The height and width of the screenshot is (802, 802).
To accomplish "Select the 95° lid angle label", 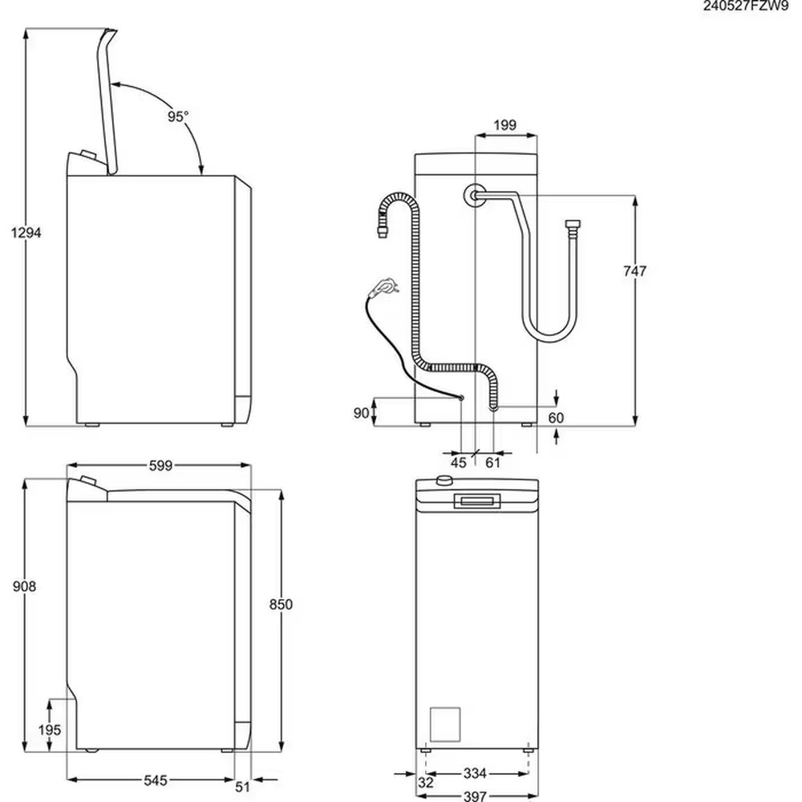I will coord(178,116).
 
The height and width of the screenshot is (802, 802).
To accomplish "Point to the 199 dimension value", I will coord(504,124).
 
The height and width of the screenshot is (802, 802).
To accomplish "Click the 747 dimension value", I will coord(634,271).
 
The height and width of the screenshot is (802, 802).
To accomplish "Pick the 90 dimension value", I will coord(361,412).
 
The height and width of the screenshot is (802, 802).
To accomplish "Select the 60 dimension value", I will coord(557,418).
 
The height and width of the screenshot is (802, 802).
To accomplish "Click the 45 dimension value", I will coord(459,462).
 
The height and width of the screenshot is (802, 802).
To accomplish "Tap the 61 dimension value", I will coord(493,462).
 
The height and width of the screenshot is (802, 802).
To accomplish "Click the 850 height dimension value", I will coord(281,604).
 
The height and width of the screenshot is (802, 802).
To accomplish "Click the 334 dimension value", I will coord(475,774).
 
